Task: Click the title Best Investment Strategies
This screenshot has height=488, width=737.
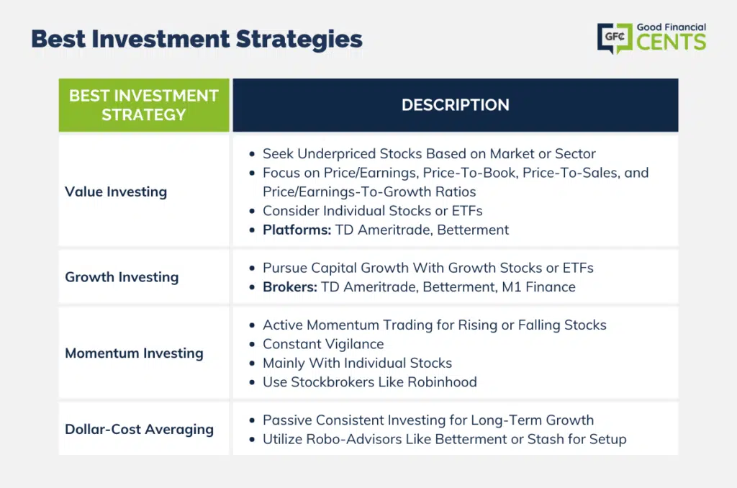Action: click(196, 40)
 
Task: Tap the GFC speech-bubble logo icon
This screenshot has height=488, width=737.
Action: click(615, 38)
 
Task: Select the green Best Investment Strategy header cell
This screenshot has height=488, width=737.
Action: click(144, 105)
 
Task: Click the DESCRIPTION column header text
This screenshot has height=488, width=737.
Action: click(456, 105)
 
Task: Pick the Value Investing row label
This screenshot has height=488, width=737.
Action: click(116, 191)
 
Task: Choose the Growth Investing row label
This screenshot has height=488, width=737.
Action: click(122, 277)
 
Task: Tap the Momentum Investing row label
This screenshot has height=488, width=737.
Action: click(134, 353)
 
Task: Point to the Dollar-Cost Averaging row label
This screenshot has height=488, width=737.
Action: click(139, 429)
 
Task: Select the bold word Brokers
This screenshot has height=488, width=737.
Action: click(290, 286)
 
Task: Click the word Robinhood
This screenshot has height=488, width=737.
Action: click(443, 381)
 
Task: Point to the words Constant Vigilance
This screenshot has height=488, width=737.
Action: click(323, 344)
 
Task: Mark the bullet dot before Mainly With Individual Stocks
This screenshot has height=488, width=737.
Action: click(253, 363)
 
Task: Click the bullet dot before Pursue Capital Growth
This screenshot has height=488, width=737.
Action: click(253, 268)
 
